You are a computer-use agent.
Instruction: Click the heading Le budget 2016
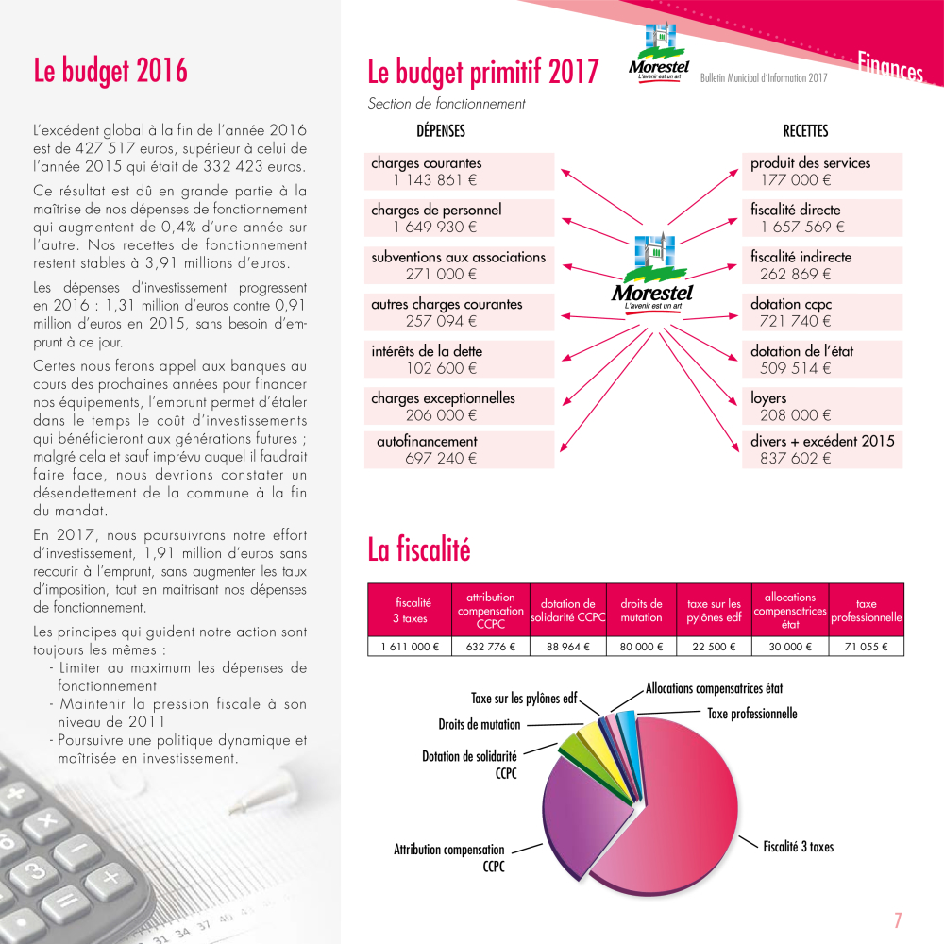110,71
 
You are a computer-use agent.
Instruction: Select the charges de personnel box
459,218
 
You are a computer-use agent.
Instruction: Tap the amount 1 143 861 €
435,179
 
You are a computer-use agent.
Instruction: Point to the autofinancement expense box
459,449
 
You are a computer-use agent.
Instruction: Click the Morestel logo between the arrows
652,274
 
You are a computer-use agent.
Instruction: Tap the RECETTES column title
805,131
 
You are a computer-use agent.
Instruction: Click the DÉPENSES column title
441,131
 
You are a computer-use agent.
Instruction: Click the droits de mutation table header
641,611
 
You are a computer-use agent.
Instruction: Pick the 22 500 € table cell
714,647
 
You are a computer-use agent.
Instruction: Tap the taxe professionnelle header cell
866,611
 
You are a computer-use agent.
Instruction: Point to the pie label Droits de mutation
479,724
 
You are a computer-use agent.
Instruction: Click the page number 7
898,919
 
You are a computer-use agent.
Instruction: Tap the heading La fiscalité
418,549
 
